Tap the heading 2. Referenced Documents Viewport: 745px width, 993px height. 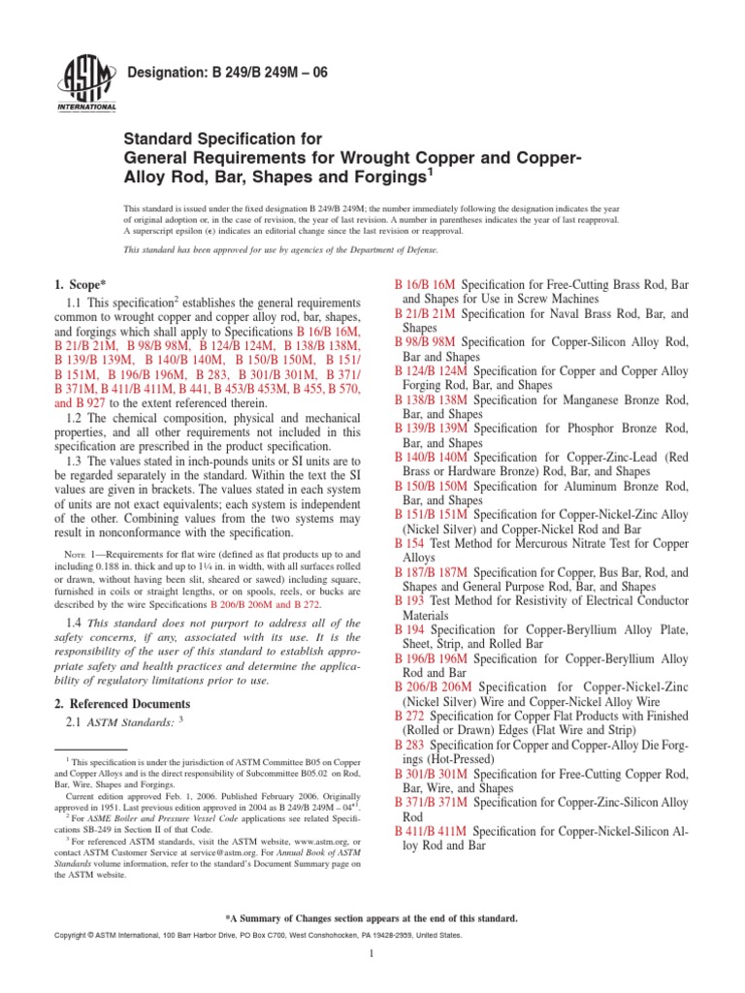[123, 703]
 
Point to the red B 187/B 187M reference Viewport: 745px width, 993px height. [432, 572]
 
